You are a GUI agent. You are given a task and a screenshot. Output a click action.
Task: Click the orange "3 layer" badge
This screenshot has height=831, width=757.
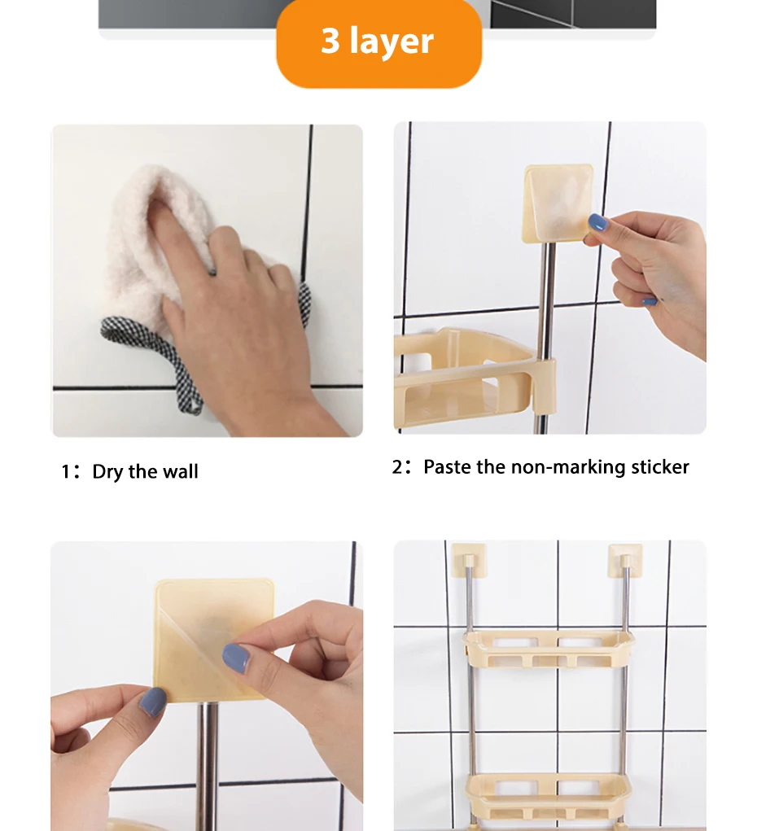coord(378,42)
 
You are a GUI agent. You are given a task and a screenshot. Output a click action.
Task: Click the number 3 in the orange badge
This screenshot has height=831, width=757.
coord(330,41)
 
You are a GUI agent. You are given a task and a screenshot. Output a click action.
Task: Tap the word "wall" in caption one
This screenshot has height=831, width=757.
coord(180,472)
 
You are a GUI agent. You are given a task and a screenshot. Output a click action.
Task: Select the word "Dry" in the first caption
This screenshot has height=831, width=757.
coord(108,472)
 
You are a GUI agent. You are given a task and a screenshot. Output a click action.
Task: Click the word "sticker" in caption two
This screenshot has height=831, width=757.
coord(659,467)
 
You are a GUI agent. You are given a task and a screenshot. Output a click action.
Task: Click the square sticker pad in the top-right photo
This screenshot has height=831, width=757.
coord(557,203)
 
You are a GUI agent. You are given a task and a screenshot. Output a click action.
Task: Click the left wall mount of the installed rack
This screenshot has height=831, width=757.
coord(464,558)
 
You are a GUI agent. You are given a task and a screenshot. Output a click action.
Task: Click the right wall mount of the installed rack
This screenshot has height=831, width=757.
coord(624,558)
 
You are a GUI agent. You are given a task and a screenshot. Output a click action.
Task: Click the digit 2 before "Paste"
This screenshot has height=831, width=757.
coord(397,467)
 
